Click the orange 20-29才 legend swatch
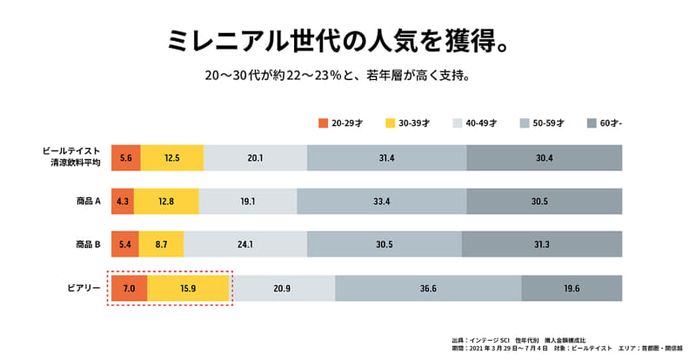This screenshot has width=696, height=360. [323, 123]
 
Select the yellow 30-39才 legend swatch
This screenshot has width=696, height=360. [390, 123]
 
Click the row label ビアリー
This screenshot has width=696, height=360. [85, 288]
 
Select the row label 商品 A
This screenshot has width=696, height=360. [89, 201]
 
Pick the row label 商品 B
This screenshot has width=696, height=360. [89, 244]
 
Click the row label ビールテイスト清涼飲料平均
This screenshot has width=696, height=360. [73, 157]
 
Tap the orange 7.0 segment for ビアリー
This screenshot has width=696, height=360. [129, 288]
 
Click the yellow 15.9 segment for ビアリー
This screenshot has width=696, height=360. [188, 288]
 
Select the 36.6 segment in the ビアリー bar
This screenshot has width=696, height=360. [428, 288]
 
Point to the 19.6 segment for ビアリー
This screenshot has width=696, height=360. [572, 288]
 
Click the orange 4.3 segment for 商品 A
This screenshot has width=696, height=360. [123, 201]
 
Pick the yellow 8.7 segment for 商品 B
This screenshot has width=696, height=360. [162, 244]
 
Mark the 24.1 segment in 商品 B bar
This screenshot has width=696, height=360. [245, 244]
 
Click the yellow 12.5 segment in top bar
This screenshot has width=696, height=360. [171, 157]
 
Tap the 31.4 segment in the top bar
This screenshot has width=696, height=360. [386, 157]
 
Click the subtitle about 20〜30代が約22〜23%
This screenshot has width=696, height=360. [337, 76]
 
